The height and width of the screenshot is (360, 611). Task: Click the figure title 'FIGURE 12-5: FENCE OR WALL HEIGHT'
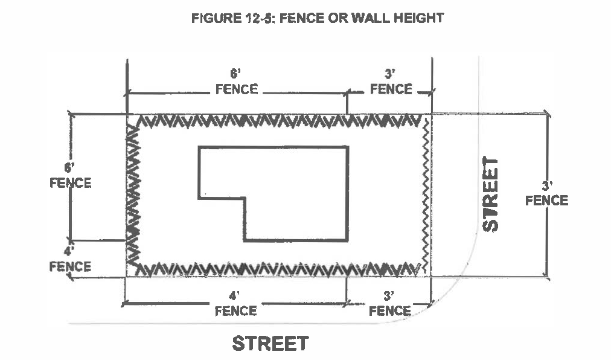pos(318,18)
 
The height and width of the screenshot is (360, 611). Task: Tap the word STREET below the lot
pos(270,343)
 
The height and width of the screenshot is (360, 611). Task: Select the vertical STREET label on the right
pos(490,194)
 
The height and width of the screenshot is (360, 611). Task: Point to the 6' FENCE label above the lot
pos(237,82)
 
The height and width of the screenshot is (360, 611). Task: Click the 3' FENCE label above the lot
pos(391,82)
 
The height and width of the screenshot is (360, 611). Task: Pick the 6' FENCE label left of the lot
pos(71,176)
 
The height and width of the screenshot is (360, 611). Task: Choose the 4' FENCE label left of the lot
pos(70,259)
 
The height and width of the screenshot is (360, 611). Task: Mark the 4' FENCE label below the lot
pos(235,304)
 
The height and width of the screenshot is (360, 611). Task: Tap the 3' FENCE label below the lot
pos(389,304)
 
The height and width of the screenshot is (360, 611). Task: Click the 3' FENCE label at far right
pos(547,193)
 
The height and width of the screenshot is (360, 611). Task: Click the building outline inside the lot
pos(273,194)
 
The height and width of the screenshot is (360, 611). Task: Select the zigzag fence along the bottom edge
pos(278,269)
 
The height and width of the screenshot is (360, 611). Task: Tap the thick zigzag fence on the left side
pos(133,195)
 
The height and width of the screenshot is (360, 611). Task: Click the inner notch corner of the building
pos(245,199)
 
